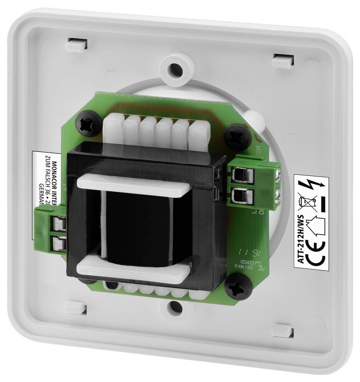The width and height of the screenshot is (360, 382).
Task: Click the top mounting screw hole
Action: point(175,68)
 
